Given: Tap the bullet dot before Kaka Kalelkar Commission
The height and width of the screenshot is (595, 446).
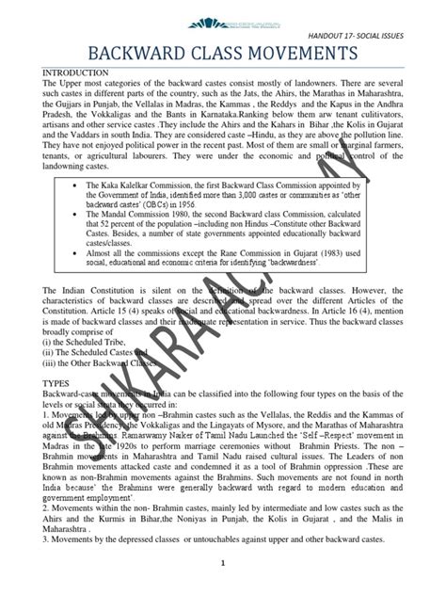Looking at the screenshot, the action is coord(87,187).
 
